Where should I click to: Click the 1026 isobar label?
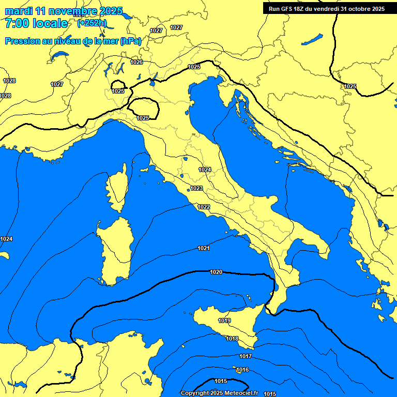(136, 62)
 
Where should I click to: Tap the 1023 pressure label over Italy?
(196, 189)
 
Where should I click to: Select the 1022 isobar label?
(204, 207)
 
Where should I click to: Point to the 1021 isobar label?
(204, 249)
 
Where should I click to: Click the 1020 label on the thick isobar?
(216, 272)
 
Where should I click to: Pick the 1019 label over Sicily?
(224, 321)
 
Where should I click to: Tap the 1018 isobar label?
(232, 339)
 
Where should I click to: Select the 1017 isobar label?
(246, 356)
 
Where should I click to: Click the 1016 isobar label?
(242, 370)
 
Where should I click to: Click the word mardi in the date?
(18, 11)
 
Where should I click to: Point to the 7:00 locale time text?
(36, 23)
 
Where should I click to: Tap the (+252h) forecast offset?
(92, 23)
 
